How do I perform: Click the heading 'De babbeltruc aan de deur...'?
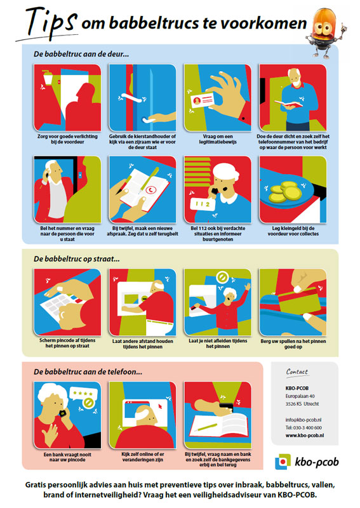[x=81, y=54]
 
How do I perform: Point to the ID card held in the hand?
[x=202, y=100]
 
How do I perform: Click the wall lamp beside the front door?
[x=48, y=76]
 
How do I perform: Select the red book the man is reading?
[x=288, y=104]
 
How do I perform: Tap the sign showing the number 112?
[x=203, y=204]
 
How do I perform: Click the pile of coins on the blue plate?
[x=285, y=192]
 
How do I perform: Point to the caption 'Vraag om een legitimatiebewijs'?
[x=218, y=139]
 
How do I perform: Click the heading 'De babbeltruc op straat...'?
[x=77, y=259]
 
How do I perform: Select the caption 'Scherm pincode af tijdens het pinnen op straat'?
[x=67, y=344]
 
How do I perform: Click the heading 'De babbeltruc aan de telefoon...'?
[x=88, y=372]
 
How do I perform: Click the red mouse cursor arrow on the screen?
[x=160, y=406]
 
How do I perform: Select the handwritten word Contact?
[x=297, y=372]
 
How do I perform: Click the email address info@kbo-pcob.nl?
[x=303, y=420]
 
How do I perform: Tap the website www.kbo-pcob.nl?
[x=305, y=436]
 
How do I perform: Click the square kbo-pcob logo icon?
[x=283, y=462]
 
